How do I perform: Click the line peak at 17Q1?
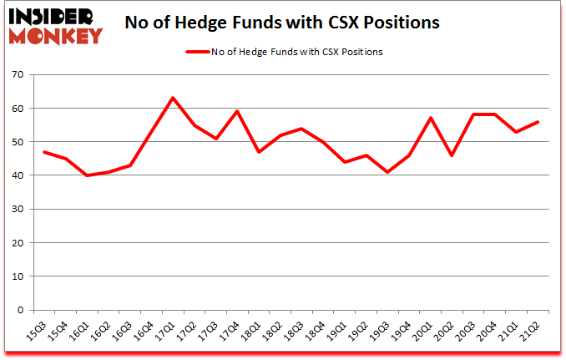coord(173,98)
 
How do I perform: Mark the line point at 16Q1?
coord(87,175)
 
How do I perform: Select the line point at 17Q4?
coord(237,111)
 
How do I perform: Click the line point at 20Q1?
coord(431,118)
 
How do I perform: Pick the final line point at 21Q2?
coord(538,121)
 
